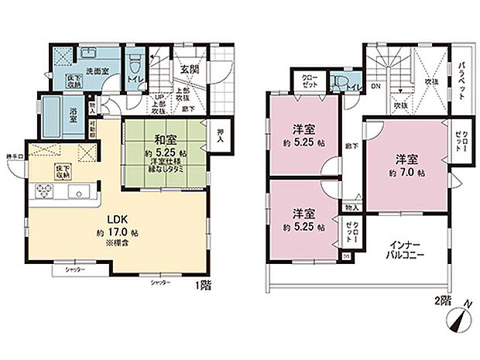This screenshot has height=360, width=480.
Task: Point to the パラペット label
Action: pyautogui.click(x=460, y=77)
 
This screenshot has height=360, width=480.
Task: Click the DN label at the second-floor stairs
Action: pyautogui.click(x=375, y=87)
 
